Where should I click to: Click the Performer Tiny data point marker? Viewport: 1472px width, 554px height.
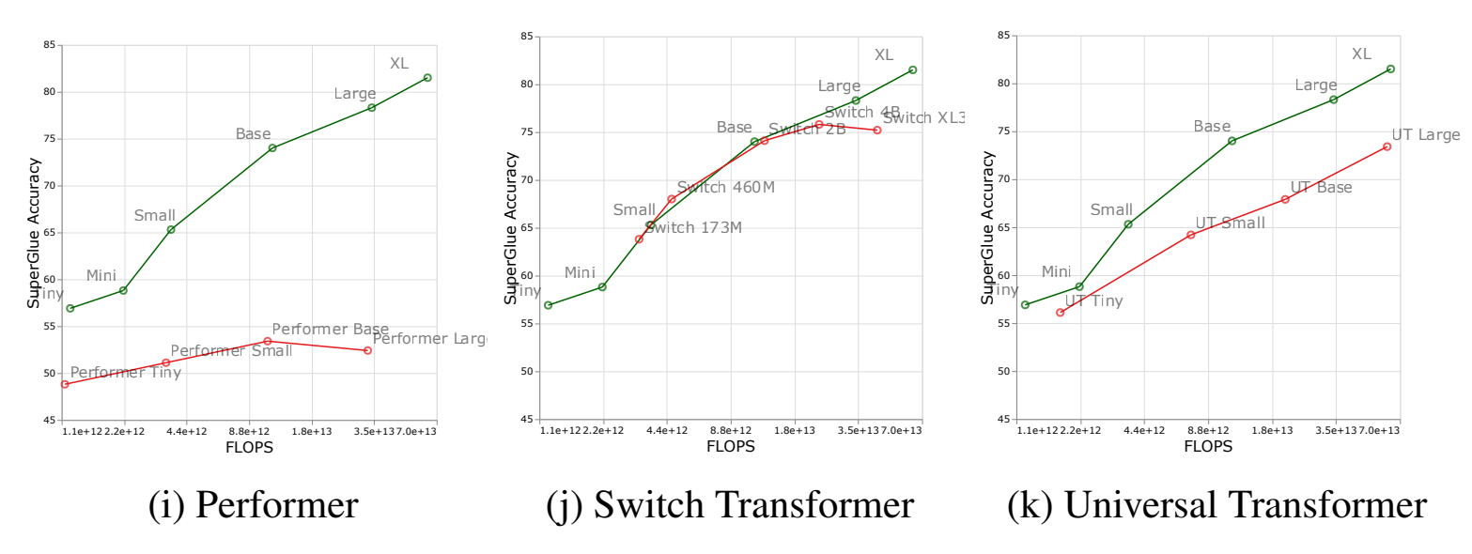click(x=64, y=384)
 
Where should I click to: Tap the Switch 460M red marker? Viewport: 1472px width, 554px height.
click(x=671, y=199)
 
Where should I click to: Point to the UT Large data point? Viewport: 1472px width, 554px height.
click(x=1387, y=146)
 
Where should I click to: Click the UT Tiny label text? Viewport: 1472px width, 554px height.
click(x=1093, y=301)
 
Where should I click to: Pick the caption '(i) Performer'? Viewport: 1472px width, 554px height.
click(x=253, y=505)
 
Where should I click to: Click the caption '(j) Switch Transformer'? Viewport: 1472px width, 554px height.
click(x=730, y=505)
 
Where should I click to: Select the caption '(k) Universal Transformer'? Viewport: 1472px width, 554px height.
click(x=1216, y=505)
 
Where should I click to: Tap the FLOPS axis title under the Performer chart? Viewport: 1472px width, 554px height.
click(x=249, y=448)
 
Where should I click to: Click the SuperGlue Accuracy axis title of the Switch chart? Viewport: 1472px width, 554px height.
click(x=511, y=228)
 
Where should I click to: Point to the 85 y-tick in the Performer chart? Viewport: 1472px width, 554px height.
click(x=48, y=45)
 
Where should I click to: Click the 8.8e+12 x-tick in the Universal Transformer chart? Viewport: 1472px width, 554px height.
click(x=1208, y=430)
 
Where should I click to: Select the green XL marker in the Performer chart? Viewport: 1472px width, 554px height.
click(x=427, y=77)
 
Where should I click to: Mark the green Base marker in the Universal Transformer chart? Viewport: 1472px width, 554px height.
click(x=1232, y=141)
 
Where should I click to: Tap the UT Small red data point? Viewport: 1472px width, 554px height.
click(x=1190, y=235)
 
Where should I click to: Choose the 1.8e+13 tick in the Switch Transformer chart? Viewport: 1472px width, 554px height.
click(x=794, y=430)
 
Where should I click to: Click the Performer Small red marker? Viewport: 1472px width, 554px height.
click(x=165, y=362)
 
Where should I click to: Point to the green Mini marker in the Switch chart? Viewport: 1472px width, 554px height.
click(x=602, y=286)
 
